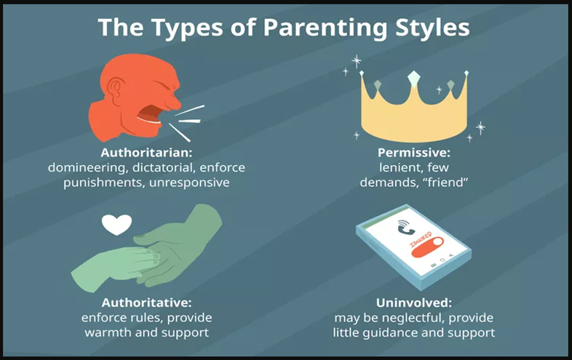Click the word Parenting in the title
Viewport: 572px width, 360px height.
[x=325, y=28]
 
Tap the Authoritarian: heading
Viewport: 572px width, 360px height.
[x=146, y=153]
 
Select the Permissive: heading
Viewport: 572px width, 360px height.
[x=414, y=153]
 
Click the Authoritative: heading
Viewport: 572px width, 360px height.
[x=146, y=303]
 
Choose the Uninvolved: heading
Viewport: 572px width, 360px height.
[x=414, y=303]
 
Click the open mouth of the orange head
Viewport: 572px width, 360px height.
[x=151, y=113]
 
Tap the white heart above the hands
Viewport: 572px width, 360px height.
[x=116, y=224]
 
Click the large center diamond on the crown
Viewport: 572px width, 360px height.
[x=413, y=78]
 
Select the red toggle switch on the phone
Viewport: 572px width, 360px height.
[x=427, y=247]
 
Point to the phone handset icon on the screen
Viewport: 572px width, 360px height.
[x=405, y=227]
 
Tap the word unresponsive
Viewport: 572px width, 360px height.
[x=189, y=183]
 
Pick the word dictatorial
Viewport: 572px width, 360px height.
[x=163, y=167]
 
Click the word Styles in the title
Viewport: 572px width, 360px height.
[x=432, y=28]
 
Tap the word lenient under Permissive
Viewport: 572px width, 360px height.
[x=400, y=168]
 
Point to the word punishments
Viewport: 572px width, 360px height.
[x=104, y=183]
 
